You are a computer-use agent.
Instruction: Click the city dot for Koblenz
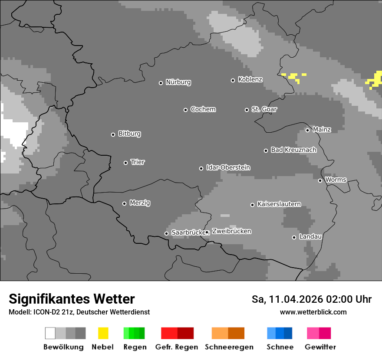[x=233, y=80]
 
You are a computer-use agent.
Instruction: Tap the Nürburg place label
[x=178, y=82]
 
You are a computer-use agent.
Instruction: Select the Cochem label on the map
[x=203, y=109]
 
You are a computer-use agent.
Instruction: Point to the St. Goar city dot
[x=247, y=110]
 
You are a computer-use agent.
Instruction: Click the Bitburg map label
[x=129, y=134]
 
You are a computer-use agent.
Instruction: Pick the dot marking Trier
[x=126, y=163]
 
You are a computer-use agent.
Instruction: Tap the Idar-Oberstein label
[x=228, y=167]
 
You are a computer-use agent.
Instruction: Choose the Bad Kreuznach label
[x=293, y=150]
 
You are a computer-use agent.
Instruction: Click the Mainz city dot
[x=307, y=130]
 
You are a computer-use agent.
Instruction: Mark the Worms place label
[x=336, y=180]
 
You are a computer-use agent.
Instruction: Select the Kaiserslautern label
[x=279, y=204]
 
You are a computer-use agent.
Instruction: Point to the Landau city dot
[x=294, y=237]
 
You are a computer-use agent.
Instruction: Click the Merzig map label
[x=140, y=203]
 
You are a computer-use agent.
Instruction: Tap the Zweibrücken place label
[x=232, y=231]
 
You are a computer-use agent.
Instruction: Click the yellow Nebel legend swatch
[x=103, y=333]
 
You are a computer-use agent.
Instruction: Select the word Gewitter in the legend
[x=320, y=347]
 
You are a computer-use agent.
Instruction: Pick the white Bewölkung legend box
[x=50, y=333]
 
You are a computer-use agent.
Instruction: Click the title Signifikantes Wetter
[x=72, y=299]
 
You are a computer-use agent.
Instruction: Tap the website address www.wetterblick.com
[x=313, y=312]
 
